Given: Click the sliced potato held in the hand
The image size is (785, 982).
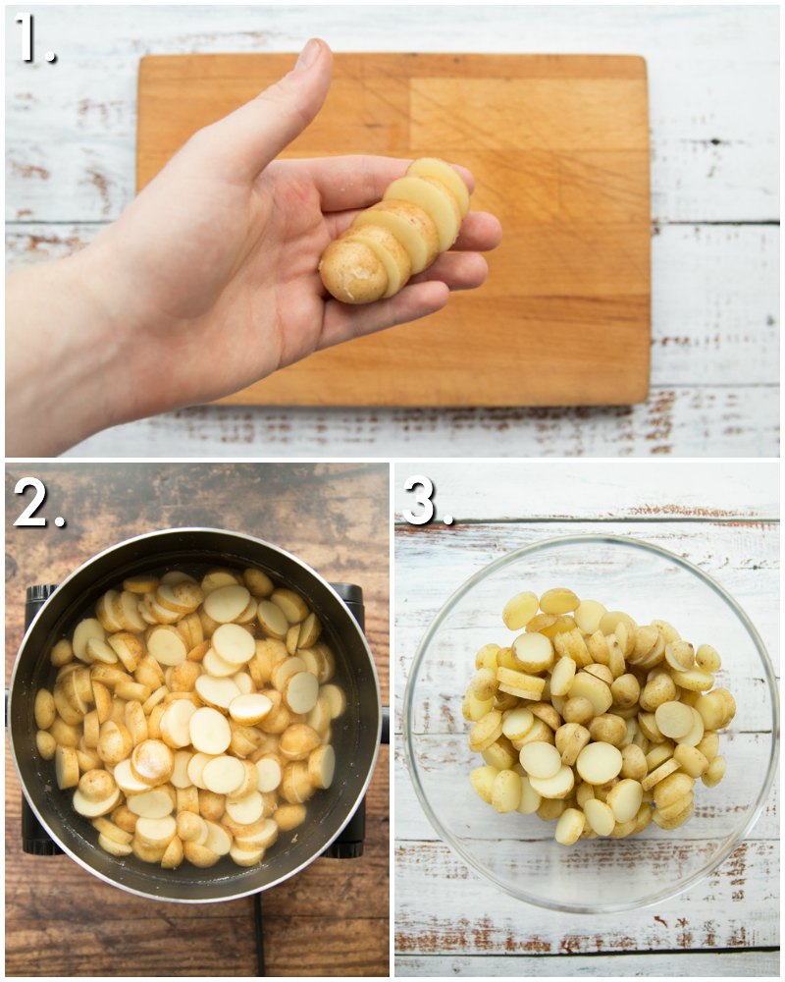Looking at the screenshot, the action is tap(394, 231).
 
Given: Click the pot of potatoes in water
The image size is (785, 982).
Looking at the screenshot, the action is tap(194, 715).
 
